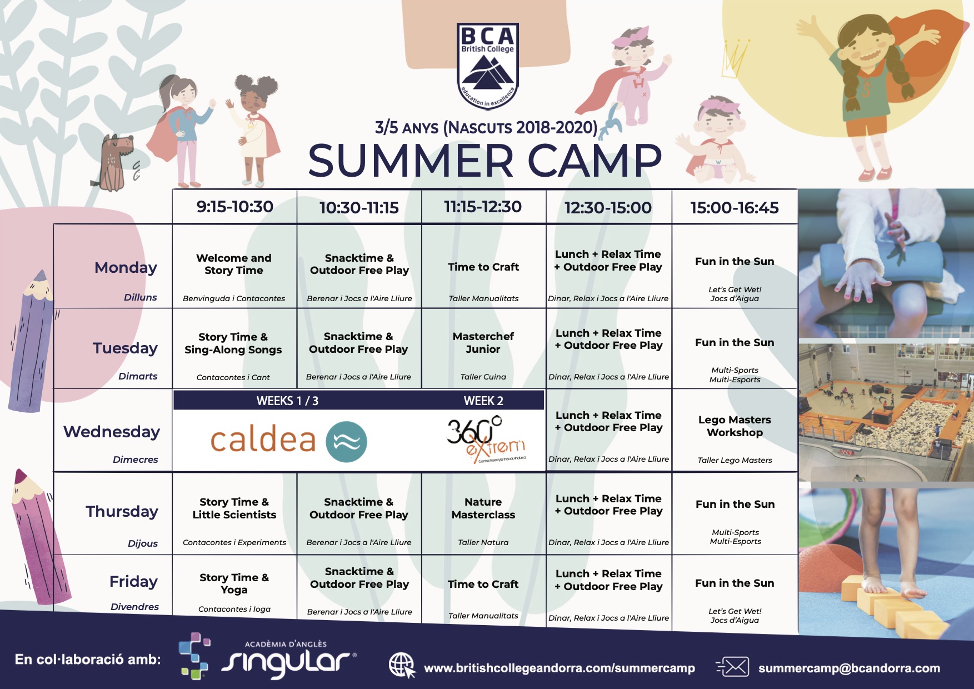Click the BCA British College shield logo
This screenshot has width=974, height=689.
(x=487, y=66)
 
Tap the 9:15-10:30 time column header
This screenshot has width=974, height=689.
(x=235, y=207)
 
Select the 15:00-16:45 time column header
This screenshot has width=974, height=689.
(x=735, y=208)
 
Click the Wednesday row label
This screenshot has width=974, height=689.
(x=112, y=432)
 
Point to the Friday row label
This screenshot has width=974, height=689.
(x=133, y=582)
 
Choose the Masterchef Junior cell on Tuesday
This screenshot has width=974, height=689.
(x=483, y=343)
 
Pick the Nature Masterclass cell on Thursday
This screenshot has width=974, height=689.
(x=483, y=508)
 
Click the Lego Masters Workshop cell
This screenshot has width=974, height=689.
(x=735, y=426)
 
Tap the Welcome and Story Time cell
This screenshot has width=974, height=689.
(x=234, y=264)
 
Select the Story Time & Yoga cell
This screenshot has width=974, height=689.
(x=234, y=583)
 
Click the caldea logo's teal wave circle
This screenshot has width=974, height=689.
(x=346, y=442)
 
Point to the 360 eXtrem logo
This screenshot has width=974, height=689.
(x=486, y=440)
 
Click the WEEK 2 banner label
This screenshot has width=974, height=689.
(x=483, y=401)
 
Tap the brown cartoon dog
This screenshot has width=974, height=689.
(x=116, y=162)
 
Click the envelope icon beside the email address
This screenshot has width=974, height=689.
(x=733, y=667)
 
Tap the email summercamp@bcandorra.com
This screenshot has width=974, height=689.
(x=849, y=668)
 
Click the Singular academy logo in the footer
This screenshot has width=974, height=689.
(x=267, y=656)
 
